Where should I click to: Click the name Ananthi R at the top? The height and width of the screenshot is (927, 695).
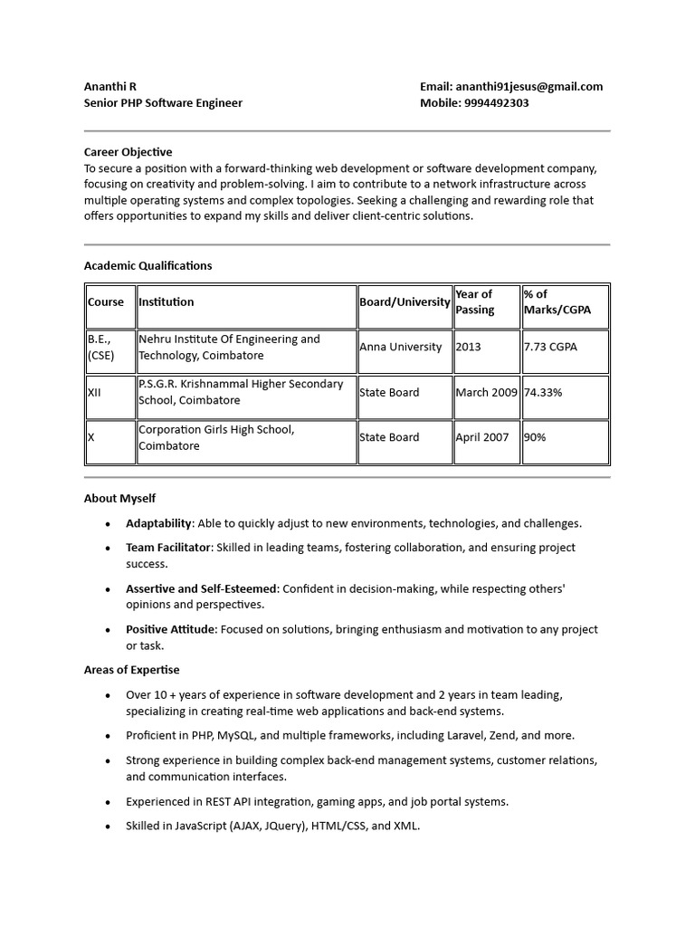coord(110,87)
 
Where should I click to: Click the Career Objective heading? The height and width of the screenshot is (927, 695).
coord(128,152)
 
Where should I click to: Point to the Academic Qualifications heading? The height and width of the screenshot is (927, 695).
coord(148,265)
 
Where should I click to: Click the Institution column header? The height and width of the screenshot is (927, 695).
coord(167,302)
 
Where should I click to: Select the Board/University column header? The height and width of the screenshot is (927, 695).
coord(405,302)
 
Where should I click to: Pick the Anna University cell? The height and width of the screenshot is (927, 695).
coord(401,347)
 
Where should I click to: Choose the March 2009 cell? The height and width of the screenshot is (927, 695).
coord(486,392)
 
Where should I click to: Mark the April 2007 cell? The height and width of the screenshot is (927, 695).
coord(482,437)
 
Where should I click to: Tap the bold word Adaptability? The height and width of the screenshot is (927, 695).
coord(158,523)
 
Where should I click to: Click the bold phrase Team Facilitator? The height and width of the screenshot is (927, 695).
coord(168,548)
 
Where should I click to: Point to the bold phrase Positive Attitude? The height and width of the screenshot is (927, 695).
coord(170,629)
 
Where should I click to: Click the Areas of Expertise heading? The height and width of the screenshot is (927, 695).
coord(131,670)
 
